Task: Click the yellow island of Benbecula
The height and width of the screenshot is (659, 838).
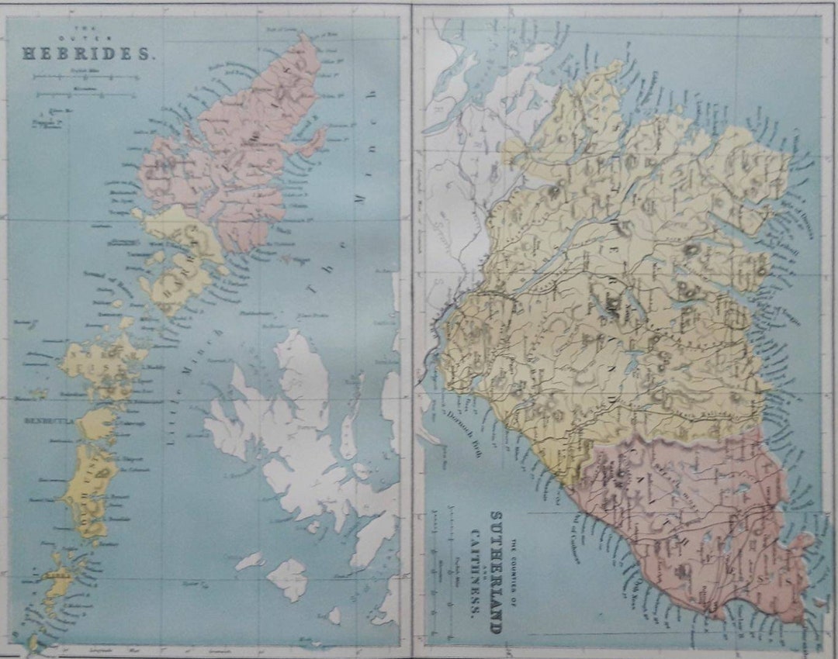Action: pos(97,423)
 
